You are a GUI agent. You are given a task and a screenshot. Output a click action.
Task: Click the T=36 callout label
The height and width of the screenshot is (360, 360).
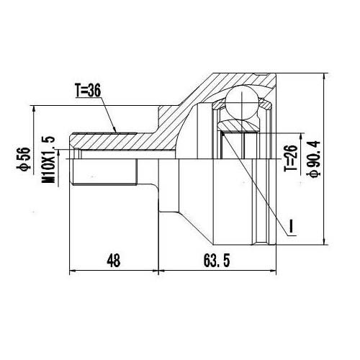(88, 91)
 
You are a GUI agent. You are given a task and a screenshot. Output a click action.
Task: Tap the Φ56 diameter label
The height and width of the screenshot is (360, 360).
(24, 159)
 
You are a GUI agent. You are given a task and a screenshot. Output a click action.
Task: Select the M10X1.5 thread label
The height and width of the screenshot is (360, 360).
(48, 160)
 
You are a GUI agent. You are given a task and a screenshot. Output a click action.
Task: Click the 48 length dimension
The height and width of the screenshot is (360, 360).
(114, 261)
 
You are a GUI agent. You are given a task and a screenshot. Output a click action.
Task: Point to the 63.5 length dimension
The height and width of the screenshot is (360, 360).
(217, 261)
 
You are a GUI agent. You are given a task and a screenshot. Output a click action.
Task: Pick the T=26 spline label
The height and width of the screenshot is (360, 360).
(291, 158)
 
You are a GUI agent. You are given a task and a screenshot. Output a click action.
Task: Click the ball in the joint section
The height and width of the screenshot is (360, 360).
(243, 102)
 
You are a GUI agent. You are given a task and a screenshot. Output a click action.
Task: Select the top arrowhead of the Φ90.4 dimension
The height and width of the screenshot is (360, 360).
(325, 76)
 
